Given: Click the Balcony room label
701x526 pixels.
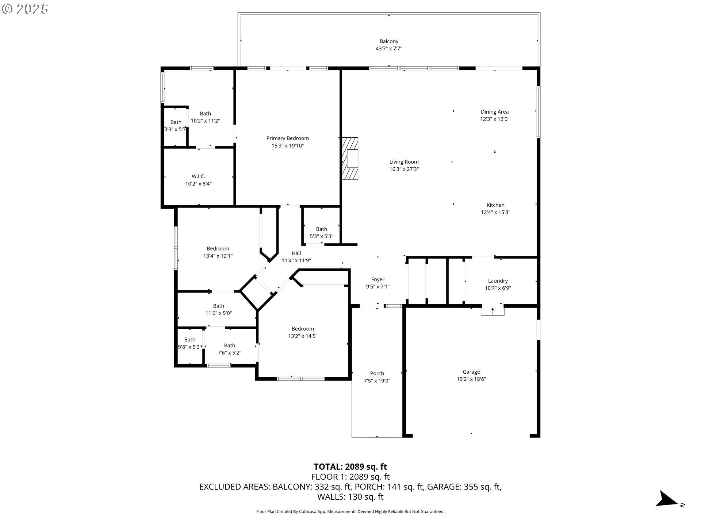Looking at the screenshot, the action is point(389,42).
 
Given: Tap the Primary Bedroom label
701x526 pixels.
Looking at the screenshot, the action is point(288,138).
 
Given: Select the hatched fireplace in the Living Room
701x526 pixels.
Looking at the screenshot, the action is point(350,159).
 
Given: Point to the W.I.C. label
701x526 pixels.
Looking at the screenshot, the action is point(198,176).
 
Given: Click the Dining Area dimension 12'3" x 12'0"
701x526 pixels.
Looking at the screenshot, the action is point(495,119).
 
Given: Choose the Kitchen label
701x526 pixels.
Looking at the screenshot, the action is point(495,205).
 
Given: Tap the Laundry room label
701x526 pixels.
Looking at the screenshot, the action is point(498,281).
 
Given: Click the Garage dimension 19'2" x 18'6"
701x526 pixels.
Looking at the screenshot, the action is point(471,379).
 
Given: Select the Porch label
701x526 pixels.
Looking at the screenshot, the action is point(377,373).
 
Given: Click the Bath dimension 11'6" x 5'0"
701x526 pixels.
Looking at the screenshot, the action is point(219,313).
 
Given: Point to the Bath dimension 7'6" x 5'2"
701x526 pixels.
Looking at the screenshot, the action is point(230,353).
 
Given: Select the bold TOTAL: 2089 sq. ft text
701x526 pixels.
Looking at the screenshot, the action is point(350,467).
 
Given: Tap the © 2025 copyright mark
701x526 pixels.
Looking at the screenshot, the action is point(25,9).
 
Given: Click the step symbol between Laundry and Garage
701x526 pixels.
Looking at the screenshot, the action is point(493,310).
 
